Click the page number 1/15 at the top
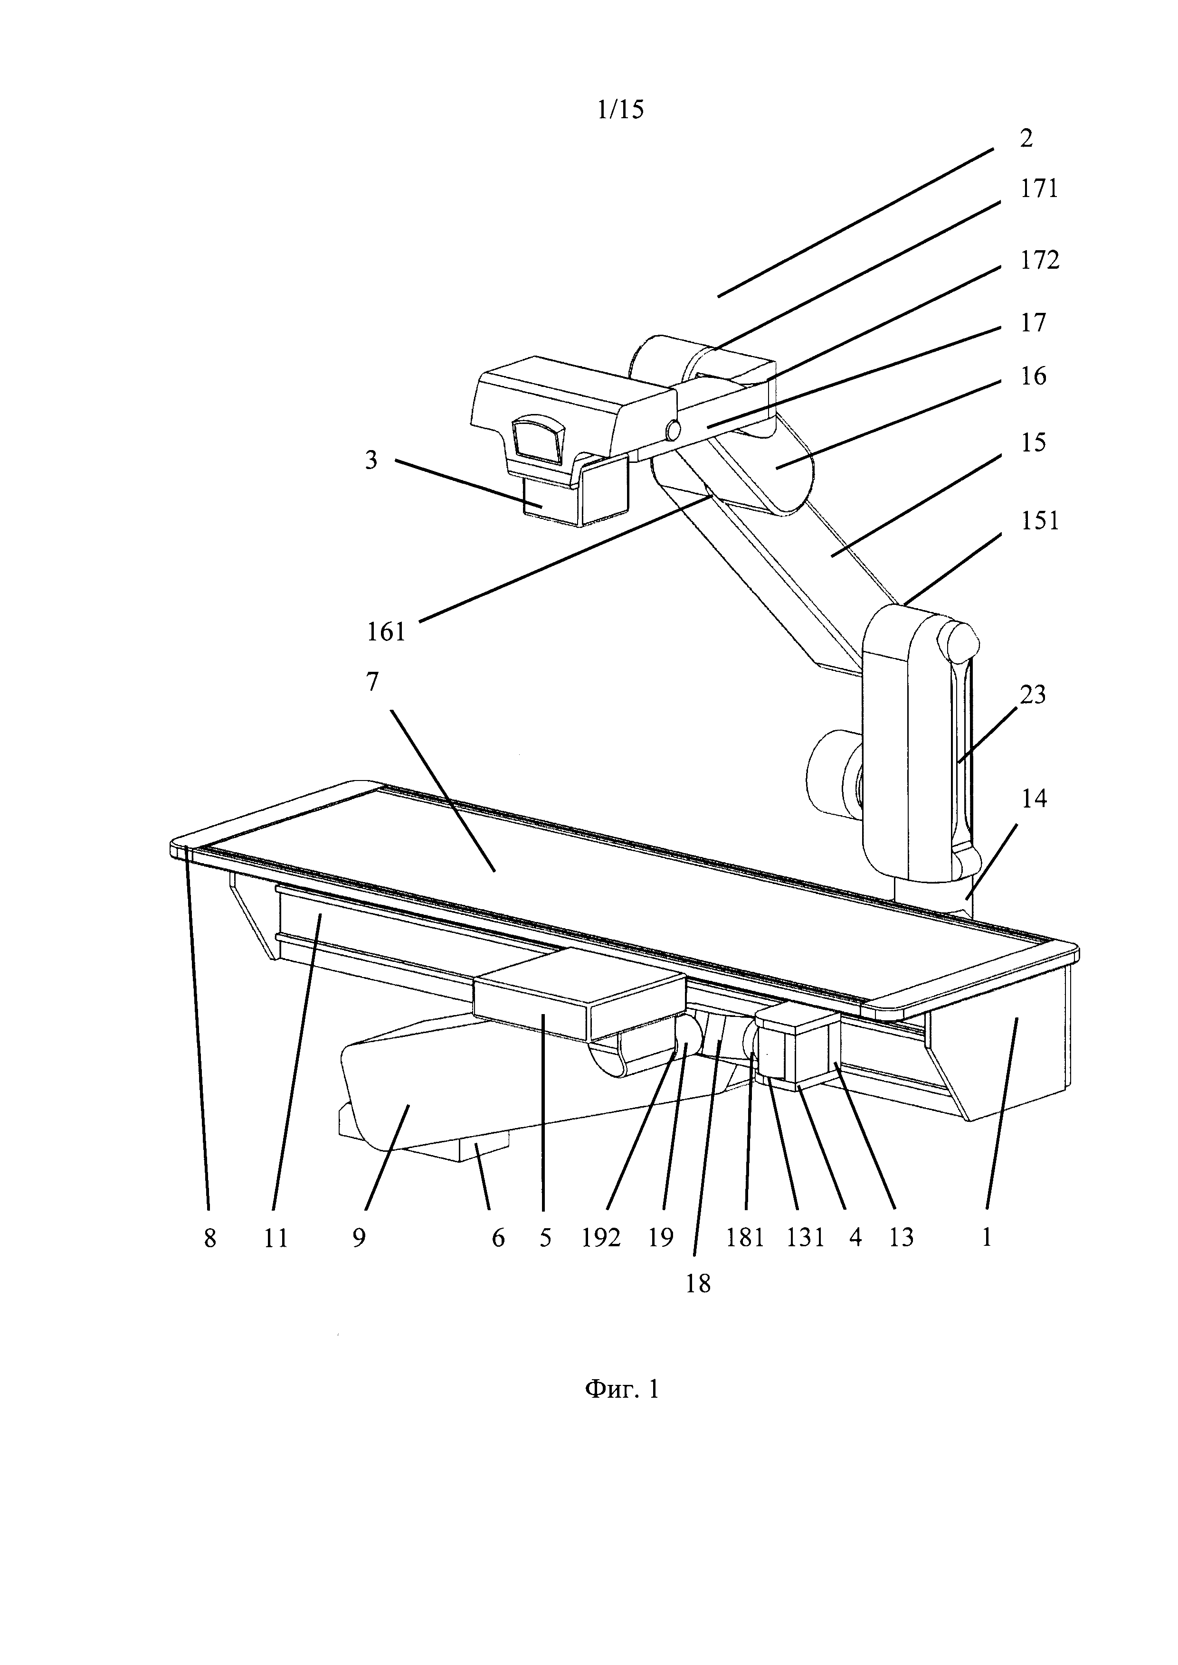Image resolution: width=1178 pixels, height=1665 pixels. pos(620,110)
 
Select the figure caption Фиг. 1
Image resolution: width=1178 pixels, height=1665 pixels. pos(622,1389)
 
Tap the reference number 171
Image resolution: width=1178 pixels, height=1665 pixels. pos(1039,190)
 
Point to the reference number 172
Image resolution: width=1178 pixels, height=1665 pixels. pos(1039,260)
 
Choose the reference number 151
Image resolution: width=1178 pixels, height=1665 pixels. pos(1039,521)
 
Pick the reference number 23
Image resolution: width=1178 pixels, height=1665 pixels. pos(1033,694)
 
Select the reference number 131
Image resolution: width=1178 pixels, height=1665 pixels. pos(805,1237)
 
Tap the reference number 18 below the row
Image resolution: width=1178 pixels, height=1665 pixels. pos(698,1284)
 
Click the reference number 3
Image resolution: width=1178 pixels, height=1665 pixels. pos(371,460)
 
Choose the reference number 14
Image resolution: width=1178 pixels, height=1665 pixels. pos(1035,799)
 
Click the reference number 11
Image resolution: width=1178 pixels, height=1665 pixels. pos(275,1237)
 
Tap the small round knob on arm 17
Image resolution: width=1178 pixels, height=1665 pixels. pos(673,430)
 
